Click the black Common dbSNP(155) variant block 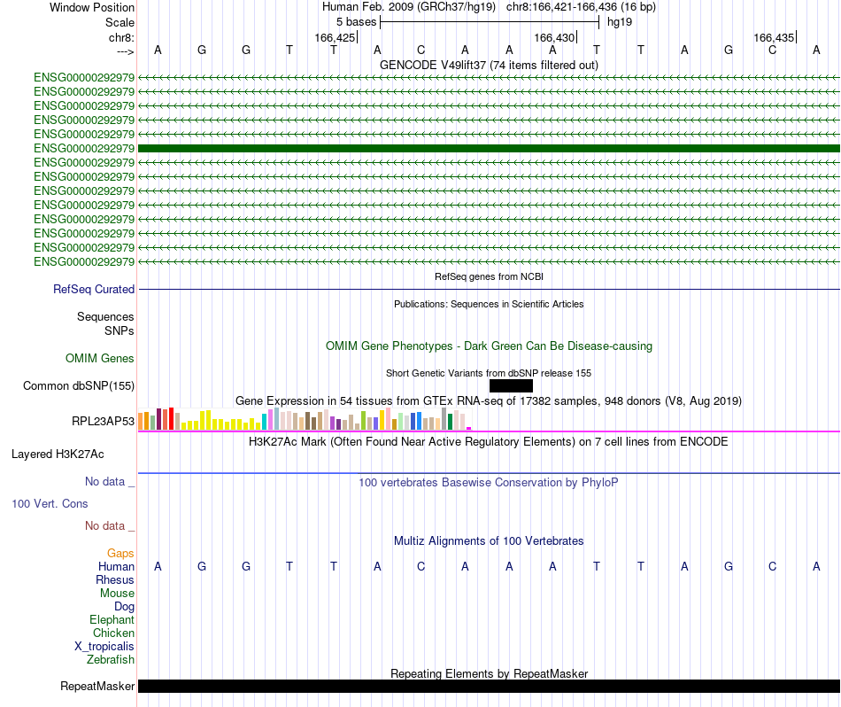click(511, 385)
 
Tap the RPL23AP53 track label click(103, 421)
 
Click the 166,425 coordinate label click(335, 37)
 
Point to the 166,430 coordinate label click(554, 37)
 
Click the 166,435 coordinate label click(774, 37)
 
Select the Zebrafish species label click(111, 660)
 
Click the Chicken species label click(113, 633)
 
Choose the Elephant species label click(112, 620)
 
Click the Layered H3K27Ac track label click(58, 454)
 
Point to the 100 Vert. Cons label click(50, 503)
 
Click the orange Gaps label click(120, 554)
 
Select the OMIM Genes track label click(100, 359)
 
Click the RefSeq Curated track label click(94, 289)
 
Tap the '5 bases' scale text click(356, 21)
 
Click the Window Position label click(92, 7)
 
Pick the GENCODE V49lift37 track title click(489, 65)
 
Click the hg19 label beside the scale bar click(619, 21)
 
